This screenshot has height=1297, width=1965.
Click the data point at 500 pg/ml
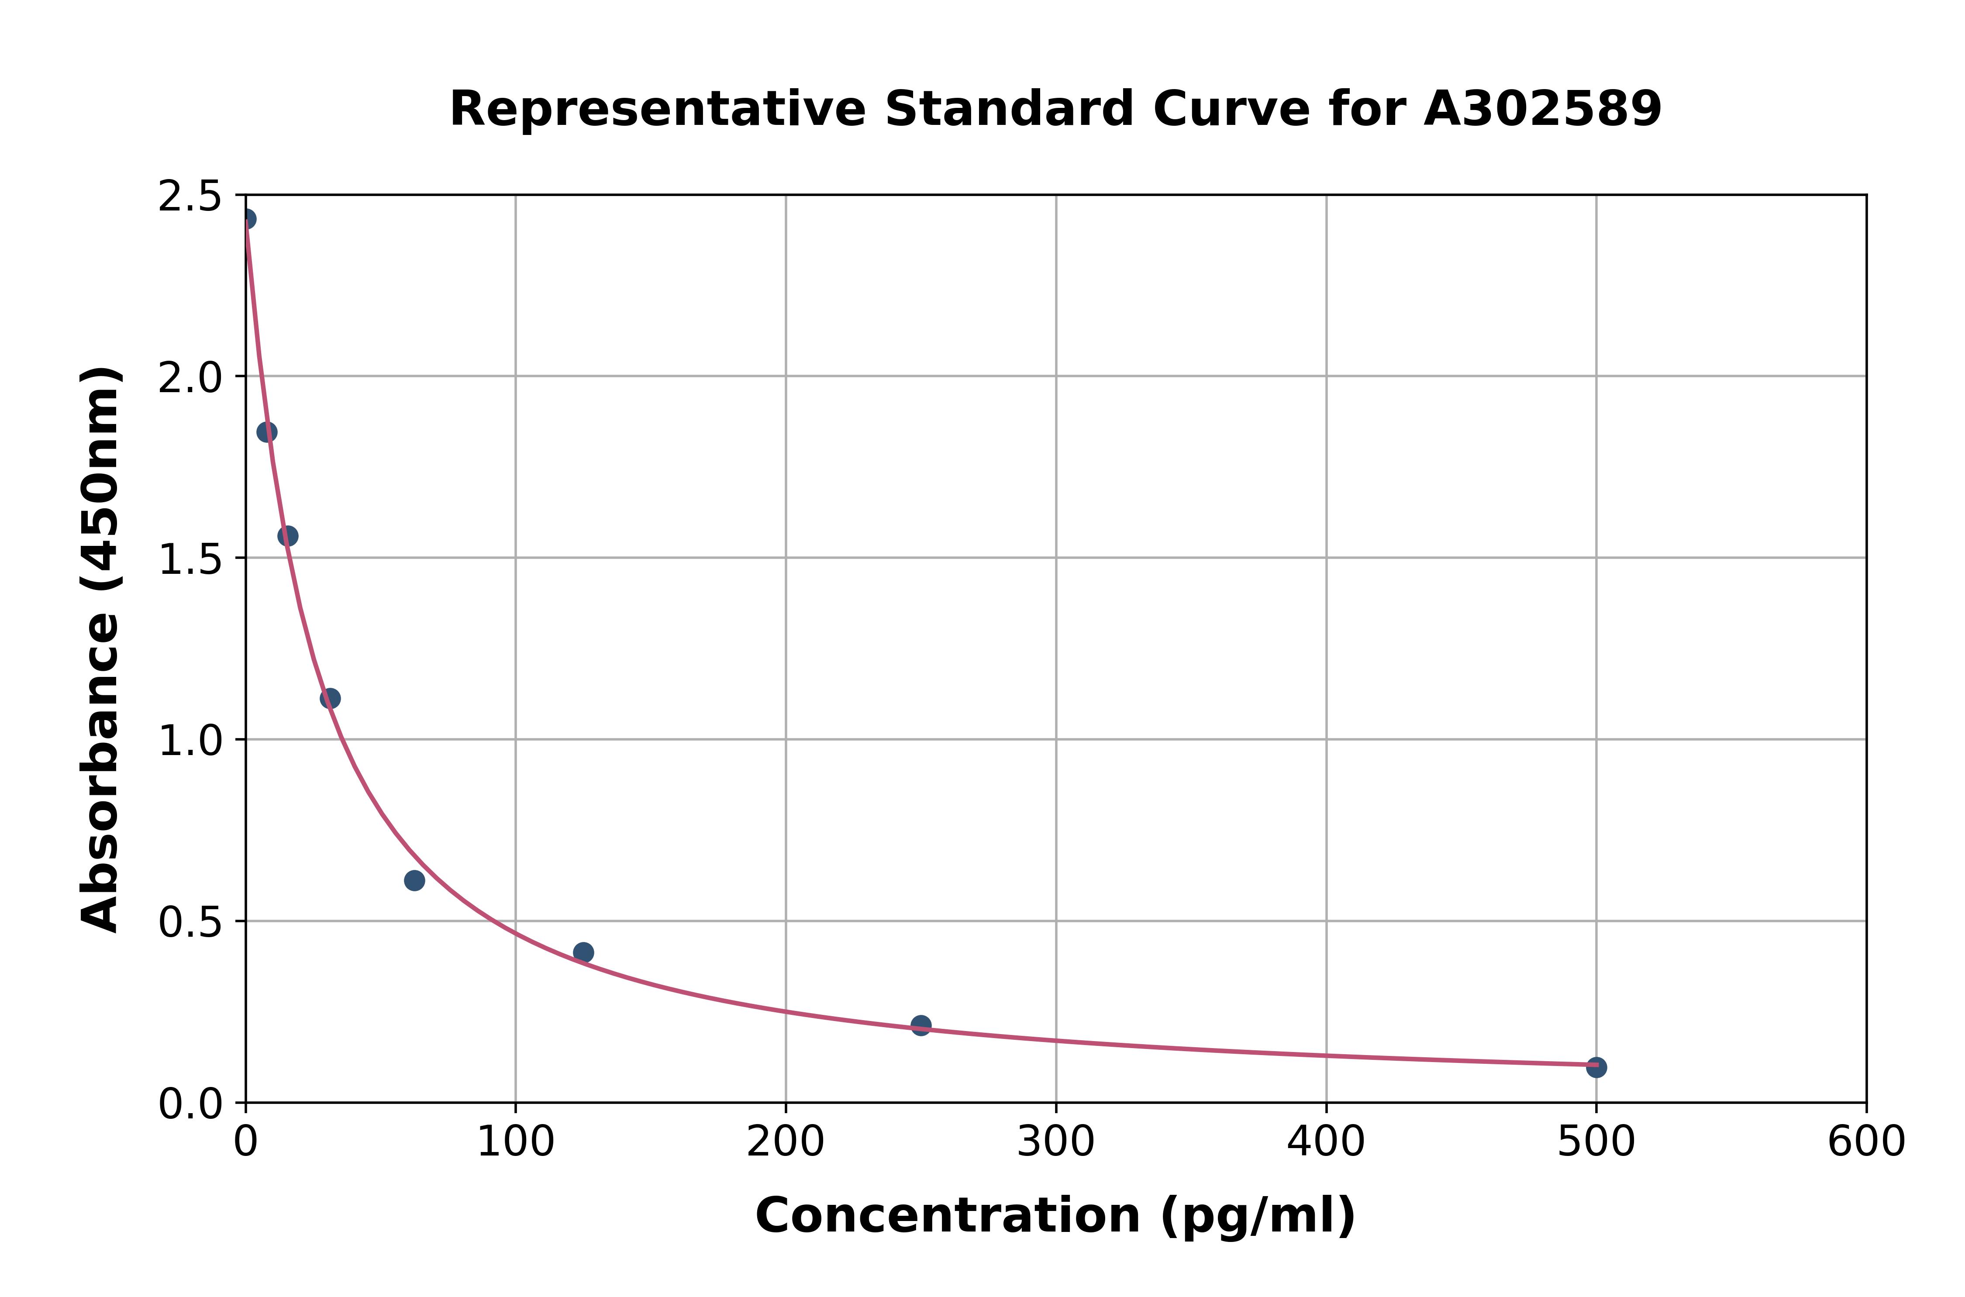point(1596,1067)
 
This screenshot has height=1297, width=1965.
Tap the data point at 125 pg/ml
point(583,952)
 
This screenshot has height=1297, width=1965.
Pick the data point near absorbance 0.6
point(414,880)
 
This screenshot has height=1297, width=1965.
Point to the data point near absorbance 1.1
point(330,698)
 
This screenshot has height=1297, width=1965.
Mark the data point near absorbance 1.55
point(288,536)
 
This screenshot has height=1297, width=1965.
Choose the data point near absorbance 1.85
point(266,432)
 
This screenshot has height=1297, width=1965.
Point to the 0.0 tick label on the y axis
point(190,1104)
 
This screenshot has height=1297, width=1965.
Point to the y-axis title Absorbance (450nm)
point(101,649)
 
